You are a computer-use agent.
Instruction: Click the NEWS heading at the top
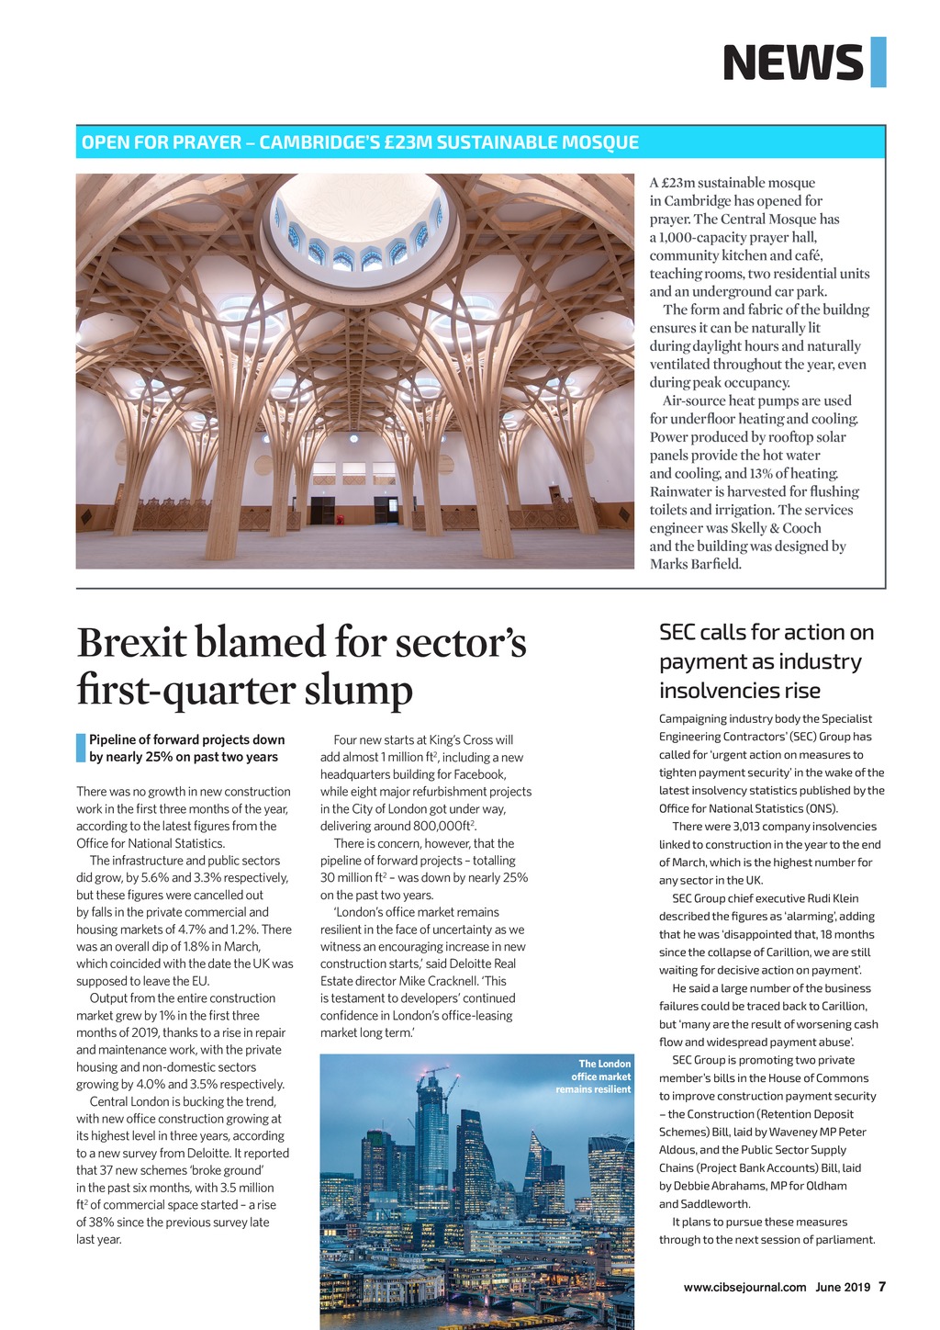(793, 62)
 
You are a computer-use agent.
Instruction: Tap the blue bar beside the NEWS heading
(878, 62)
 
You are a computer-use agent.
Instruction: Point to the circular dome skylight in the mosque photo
(361, 225)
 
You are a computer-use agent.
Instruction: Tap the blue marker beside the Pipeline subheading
(80, 748)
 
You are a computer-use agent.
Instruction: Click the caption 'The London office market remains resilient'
(594, 1076)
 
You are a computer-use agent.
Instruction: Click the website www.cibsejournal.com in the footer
(744, 1287)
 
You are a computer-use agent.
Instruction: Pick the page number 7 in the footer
(882, 1287)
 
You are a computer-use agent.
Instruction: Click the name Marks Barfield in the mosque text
(695, 564)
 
